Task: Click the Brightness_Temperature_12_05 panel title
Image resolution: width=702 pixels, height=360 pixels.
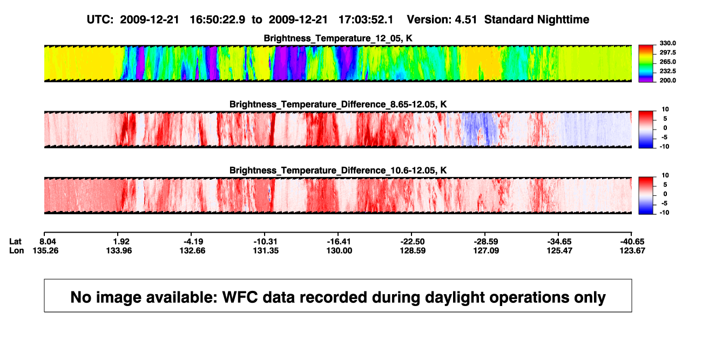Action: [338, 38]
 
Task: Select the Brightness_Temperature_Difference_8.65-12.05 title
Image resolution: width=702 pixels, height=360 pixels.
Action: [338, 104]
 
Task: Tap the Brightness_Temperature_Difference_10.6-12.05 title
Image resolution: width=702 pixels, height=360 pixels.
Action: [338, 171]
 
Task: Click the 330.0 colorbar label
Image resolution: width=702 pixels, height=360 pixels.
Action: [667, 43]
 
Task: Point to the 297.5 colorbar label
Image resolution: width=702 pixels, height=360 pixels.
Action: [667, 52]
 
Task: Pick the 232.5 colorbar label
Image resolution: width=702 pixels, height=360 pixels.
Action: [667, 71]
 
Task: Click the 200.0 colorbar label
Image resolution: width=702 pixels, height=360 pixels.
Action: [667, 80]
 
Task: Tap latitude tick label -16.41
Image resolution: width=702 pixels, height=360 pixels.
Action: [339, 242]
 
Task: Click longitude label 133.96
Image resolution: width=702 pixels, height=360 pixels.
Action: [119, 250]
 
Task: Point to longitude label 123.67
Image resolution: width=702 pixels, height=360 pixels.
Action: [632, 250]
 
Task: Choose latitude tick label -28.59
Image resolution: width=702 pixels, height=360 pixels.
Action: [486, 242]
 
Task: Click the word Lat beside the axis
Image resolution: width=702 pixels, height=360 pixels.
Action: [15, 242]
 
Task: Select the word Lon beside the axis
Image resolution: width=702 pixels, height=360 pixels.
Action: [16, 250]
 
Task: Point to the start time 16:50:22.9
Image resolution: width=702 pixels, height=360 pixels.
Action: [218, 19]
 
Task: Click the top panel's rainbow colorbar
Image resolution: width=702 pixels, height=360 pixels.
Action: [646, 64]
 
